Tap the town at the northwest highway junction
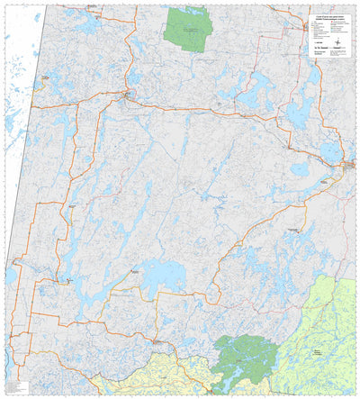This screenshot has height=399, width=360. click(131, 92)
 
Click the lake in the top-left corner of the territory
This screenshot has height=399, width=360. click(87, 26)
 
